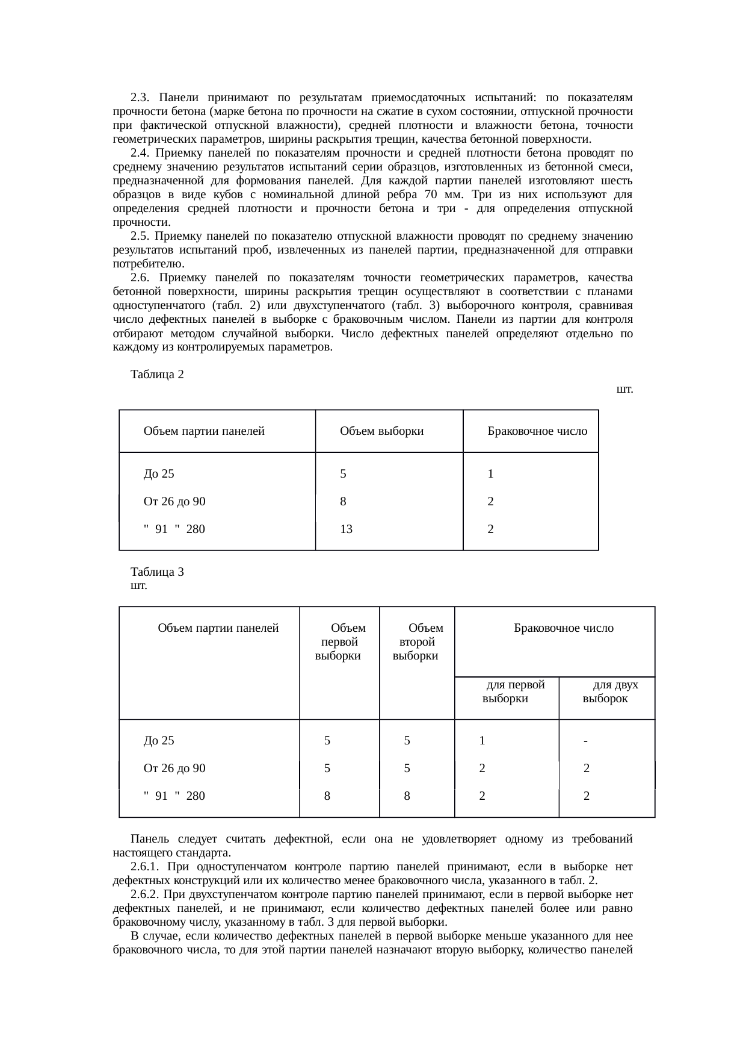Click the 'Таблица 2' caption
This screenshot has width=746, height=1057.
(157, 375)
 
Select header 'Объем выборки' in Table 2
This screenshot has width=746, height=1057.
(381, 431)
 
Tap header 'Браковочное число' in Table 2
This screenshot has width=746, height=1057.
(537, 431)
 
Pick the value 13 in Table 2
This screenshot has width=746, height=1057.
(346, 529)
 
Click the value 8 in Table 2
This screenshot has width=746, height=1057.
(343, 501)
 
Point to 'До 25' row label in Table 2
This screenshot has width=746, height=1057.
(159, 473)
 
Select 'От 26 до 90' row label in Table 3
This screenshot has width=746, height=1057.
(174, 768)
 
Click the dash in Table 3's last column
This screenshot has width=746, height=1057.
(585, 741)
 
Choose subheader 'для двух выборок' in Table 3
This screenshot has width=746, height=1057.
(609, 692)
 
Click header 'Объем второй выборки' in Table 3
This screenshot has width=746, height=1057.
(418, 642)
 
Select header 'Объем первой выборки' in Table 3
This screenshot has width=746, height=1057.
(341, 642)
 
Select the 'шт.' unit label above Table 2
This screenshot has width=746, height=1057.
(624, 389)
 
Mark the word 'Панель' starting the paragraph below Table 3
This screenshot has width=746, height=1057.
(147, 839)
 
